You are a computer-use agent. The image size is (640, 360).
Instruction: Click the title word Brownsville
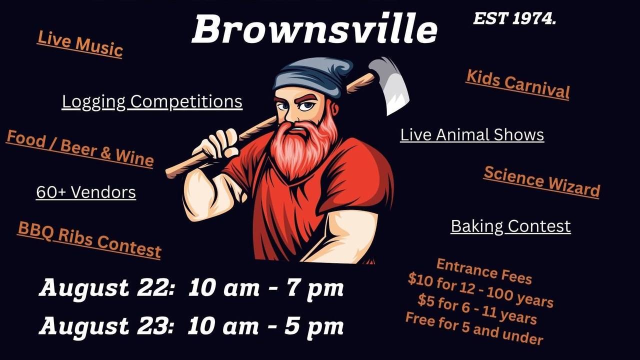click(314, 29)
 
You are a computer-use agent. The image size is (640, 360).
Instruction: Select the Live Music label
click(80, 44)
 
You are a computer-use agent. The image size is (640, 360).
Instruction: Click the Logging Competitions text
click(152, 101)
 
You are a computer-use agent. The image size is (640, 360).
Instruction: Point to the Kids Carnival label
click(517, 84)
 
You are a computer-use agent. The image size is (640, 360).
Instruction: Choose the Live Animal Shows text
click(472, 135)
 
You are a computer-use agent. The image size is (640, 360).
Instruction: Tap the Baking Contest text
click(511, 226)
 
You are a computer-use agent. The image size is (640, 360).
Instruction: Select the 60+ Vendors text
click(86, 192)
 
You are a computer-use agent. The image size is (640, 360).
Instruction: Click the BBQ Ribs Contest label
click(89, 240)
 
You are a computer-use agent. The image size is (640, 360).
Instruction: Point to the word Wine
click(135, 157)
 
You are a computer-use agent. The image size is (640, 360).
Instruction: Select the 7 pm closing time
click(314, 288)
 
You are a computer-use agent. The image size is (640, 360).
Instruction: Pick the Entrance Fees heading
click(484, 271)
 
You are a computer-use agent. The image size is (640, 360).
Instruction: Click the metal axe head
click(389, 84)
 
